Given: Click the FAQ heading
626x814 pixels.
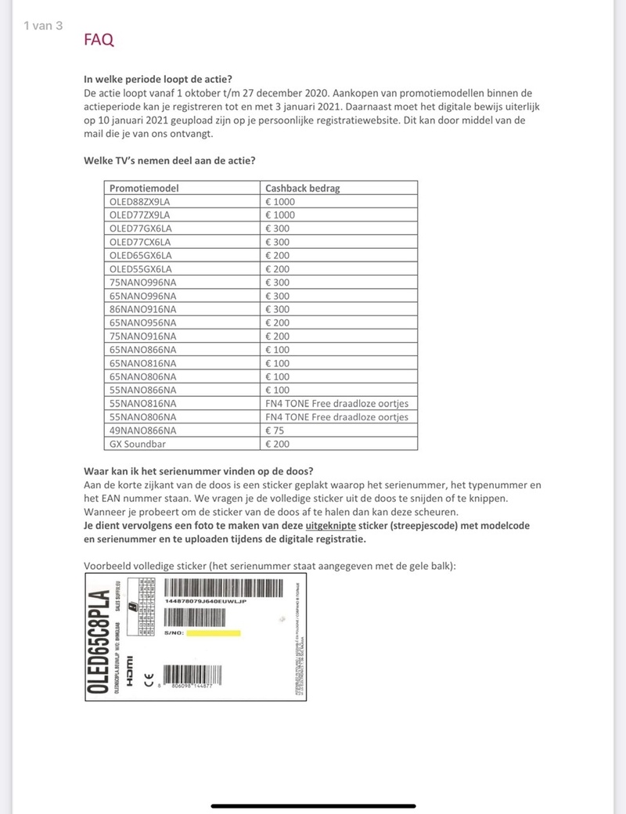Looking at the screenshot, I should tap(99, 40).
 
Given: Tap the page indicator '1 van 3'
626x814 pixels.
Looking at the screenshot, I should tap(43, 26).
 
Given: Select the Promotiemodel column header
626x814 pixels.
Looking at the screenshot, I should tap(144, 188).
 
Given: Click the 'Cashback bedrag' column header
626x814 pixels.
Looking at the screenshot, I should tap(302, 188).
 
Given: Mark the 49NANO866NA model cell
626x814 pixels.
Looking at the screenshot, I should tap(143, 430).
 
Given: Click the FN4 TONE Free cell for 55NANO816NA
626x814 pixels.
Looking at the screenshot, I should tap(336, 403).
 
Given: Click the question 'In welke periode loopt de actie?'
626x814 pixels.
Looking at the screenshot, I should tap(163, 79).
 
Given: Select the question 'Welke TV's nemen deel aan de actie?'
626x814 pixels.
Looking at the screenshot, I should tap(168, 161).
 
